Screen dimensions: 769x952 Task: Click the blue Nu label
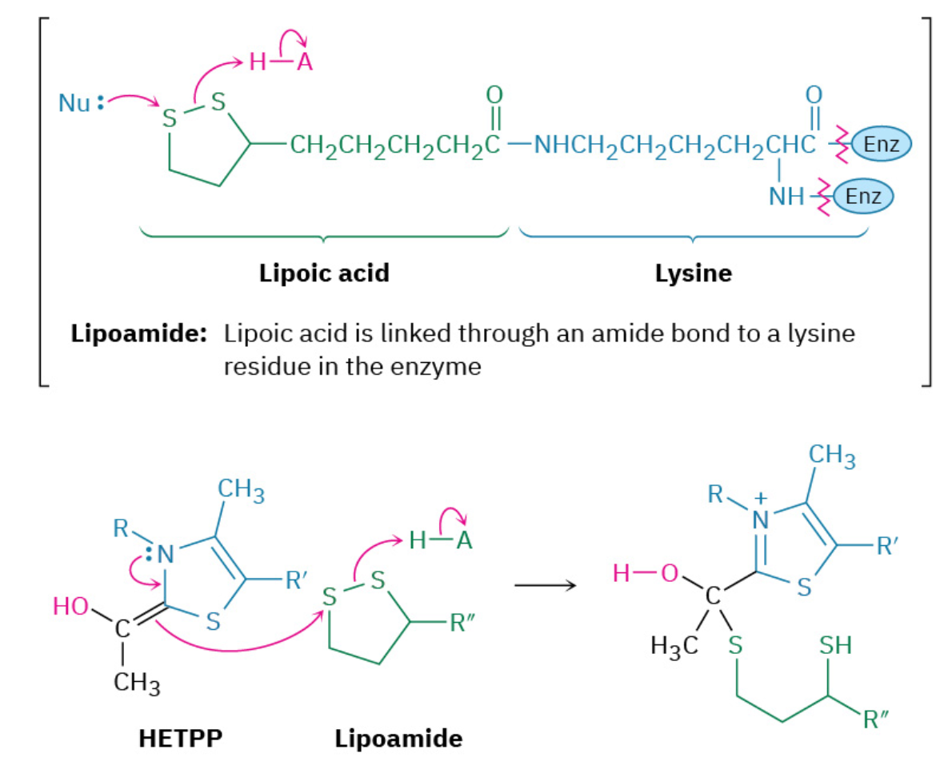coord(75,103)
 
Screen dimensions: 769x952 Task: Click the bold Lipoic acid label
coord(324,273)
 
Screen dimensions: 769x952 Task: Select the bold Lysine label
coord(693,273)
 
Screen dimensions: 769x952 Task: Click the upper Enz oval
coord(882,145)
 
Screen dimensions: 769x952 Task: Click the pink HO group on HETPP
coord(70,607)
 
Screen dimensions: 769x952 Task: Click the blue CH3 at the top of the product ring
coord(832,458)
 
